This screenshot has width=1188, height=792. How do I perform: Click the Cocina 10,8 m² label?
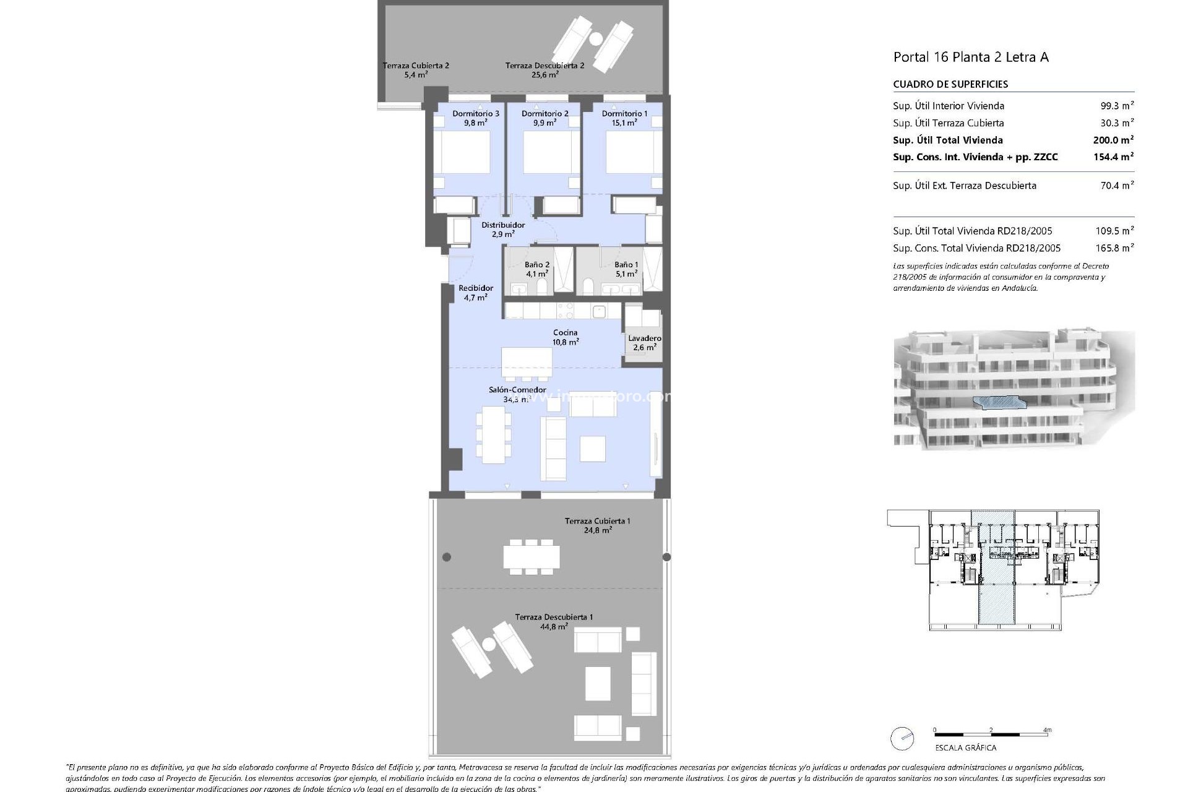(x=566, y=337)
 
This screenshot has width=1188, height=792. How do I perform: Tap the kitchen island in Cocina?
(x=527, y=363)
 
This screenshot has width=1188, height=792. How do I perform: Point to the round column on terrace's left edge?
(x=447, y=557)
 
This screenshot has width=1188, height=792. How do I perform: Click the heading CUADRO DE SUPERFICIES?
(x=950, y=84)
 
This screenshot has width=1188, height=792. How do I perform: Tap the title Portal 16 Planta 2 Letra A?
(x=971, y=57)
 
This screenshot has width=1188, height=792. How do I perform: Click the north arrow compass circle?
(x=902, y=739)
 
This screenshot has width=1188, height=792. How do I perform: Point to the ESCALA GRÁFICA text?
(x=965, y=747)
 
